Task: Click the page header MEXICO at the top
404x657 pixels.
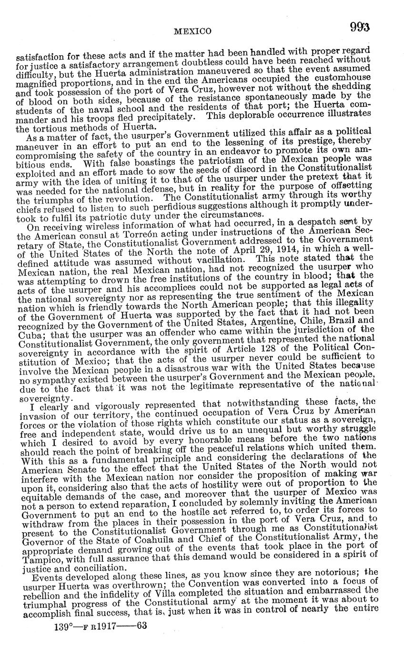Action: point(192,31)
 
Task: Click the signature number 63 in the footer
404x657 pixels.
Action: point(141,626)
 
